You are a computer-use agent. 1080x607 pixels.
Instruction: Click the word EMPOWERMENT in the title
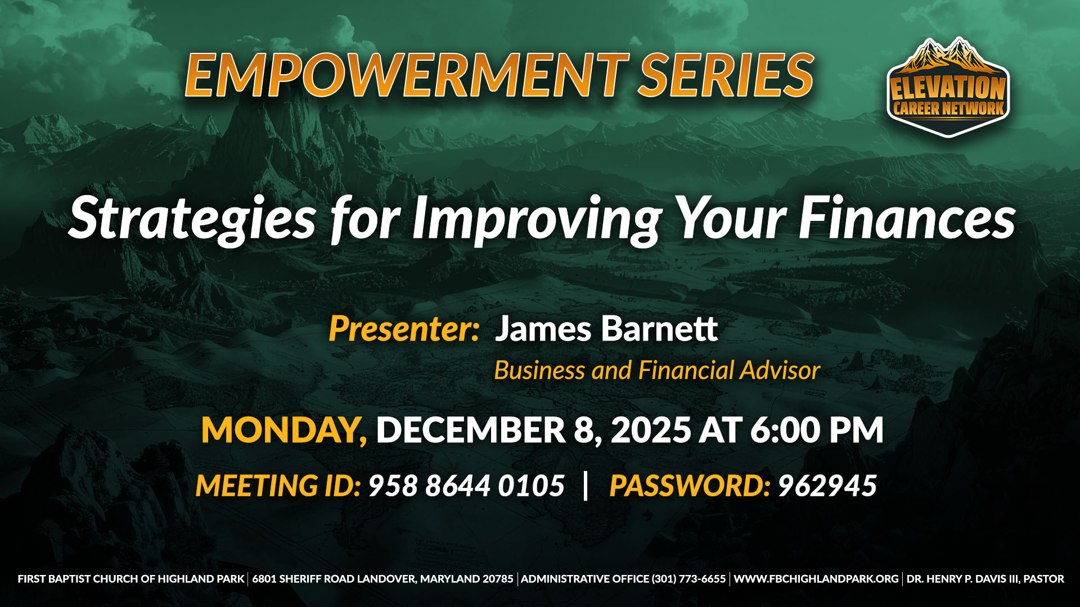tap(406, 75)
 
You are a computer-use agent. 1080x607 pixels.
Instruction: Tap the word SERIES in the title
tap(726, 75)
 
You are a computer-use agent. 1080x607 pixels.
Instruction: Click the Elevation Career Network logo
tap(948, 88)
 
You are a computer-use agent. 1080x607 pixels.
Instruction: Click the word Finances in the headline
tap(907, 218)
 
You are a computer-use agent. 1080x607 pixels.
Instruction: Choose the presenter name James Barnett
tap(606, 328)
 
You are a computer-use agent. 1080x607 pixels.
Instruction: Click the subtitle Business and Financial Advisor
tap(657, 370)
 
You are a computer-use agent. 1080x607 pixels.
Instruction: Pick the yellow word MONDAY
tap(284, 431)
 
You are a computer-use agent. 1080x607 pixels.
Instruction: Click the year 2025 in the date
tap(651, 430)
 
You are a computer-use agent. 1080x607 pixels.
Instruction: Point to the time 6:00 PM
tap(817, 430)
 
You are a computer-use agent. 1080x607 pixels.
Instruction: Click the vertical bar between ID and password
tap(586, 485)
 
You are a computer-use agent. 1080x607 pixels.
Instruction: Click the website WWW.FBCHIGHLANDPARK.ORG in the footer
tap(816, 579)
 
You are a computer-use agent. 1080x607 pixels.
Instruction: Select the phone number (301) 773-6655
tap(688, 579)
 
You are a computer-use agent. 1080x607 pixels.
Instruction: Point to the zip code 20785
tap(498, 579)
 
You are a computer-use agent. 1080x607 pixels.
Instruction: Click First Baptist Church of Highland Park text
tap(131, 579)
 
